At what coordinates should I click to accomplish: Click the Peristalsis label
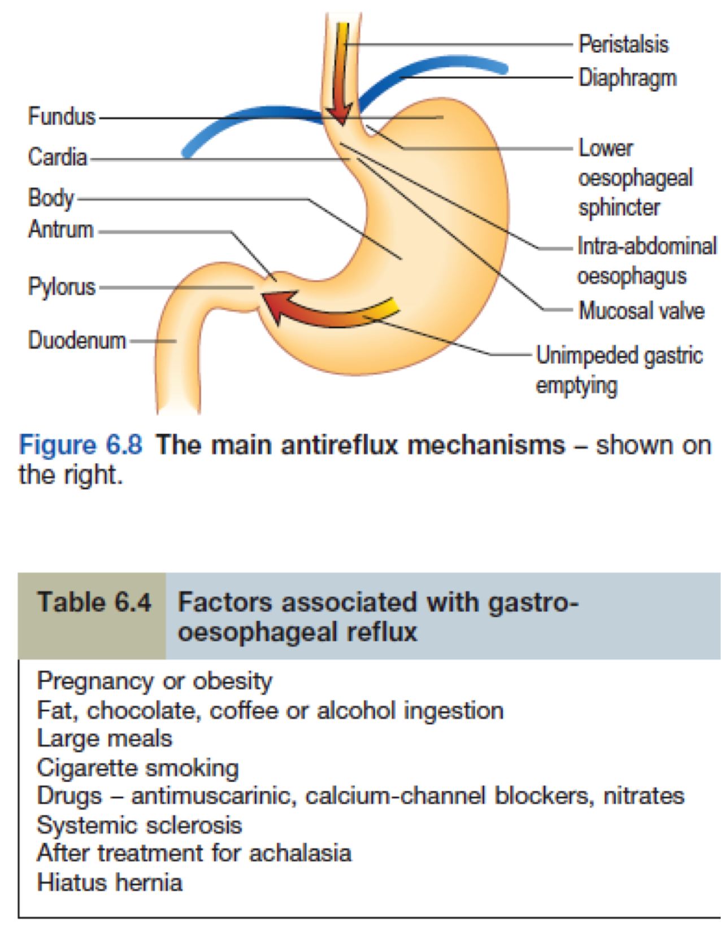pos(623,44)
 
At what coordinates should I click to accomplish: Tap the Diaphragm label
pos(627,78)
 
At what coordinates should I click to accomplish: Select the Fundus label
pos(62,116)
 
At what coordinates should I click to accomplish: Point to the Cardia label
pos(58,157)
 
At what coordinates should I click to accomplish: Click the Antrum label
pos(60,229)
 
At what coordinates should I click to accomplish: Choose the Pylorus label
pos(62,286)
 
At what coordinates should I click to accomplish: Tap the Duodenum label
pos(77,340)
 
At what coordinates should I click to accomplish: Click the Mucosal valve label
pos(641,311)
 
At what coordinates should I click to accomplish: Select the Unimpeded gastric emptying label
pos(619,371)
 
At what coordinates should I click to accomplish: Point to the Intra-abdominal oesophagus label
pos(646,261)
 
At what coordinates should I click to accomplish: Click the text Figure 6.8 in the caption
pos(80,445)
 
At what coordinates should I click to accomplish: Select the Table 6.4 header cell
pos(93,602)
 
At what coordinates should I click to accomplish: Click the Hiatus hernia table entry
pos(110,882)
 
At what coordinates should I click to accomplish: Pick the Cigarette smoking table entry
pos(138,768)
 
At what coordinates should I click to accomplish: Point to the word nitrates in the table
pos(644,796)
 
